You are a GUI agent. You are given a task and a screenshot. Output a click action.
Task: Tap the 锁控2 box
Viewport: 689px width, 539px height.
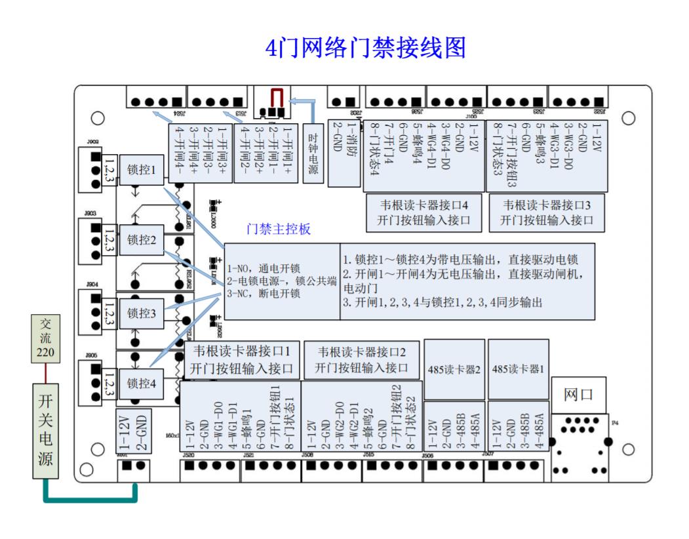[x=141, y=241]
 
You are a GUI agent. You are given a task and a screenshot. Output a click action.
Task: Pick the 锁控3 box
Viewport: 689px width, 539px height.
[x=141, y=313]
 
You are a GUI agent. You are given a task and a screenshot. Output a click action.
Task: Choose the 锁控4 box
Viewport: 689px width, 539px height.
[x=141, y=383]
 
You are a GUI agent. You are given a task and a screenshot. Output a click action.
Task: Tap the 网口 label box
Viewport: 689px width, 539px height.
[x=578, y=395]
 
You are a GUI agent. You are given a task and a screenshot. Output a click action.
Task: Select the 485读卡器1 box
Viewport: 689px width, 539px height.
[x=518, y=369]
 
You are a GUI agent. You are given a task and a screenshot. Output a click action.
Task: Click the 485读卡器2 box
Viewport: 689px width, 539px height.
[x=454, y=369]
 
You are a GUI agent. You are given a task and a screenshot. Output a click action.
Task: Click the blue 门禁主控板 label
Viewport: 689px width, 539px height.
[x=278, y=230]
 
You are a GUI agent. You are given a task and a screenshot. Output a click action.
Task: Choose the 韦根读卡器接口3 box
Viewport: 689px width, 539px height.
[x=547, y=212]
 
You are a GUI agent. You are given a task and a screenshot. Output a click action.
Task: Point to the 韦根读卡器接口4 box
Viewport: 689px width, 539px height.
[x=423, y=212]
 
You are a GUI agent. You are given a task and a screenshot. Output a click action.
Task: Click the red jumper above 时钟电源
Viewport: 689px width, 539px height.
[x=277, y=98]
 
